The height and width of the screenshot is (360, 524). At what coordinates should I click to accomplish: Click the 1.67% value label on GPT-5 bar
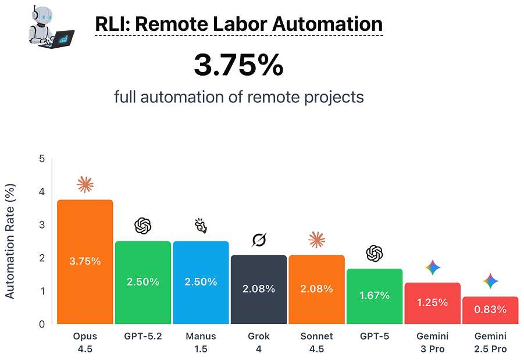click(375, 295)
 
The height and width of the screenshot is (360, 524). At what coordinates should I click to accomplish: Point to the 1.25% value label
click(432, 302)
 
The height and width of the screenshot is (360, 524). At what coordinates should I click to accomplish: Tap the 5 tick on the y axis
click(41, 159)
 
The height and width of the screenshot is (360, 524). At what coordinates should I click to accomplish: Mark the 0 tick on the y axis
click(41, 324)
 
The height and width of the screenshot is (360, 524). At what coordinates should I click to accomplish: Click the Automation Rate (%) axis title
click(10, 241)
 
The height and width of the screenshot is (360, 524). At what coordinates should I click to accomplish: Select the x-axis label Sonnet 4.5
click(316, 343)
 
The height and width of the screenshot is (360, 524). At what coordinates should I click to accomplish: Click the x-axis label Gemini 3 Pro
click(432, 343)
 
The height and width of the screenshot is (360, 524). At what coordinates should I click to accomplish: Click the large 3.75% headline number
click(238, 66)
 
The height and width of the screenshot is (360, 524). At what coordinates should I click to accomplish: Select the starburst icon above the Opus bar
click(85, 185)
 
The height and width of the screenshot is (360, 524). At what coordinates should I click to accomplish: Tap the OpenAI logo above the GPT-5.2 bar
click(142, 226)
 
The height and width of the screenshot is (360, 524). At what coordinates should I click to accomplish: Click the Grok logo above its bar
click(258, 240)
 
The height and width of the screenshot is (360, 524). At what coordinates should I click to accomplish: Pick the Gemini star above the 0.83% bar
click(490, 281)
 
